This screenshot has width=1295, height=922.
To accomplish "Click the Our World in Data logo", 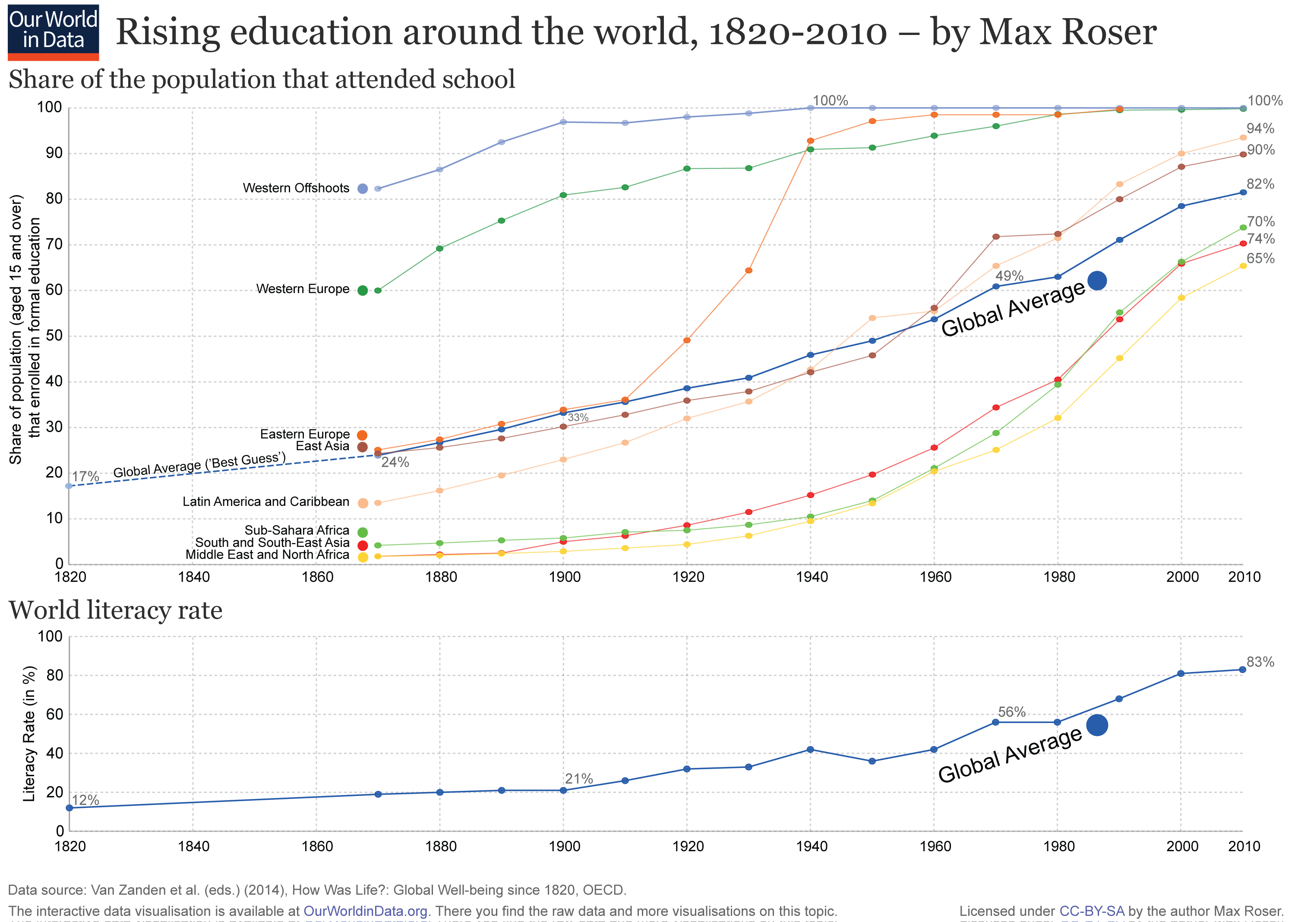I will click(54, 32).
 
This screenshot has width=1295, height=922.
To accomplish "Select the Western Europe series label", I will click(303, 289).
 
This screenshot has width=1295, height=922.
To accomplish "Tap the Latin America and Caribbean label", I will click(266, 502).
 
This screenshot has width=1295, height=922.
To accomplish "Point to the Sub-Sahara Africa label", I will click(297, 530).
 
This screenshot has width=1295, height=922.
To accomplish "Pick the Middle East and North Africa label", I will click(267, 555).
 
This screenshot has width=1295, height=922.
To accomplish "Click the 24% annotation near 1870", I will click(395, 462).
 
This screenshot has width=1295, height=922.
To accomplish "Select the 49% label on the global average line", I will click(1009, 276).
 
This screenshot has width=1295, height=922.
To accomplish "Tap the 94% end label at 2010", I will click(1260, 128).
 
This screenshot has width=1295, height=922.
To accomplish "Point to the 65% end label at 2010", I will click(1260, 258).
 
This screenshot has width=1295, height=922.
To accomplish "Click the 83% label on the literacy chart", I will click(1260, 662).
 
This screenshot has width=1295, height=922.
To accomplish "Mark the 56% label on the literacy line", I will click(1012, 712).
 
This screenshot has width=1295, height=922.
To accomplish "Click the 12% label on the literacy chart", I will click(86, 800).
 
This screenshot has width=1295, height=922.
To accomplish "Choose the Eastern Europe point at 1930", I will click(748, 270).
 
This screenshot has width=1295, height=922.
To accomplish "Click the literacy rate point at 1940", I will click(810, 749).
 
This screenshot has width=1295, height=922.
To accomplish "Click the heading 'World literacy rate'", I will click(116, 610).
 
